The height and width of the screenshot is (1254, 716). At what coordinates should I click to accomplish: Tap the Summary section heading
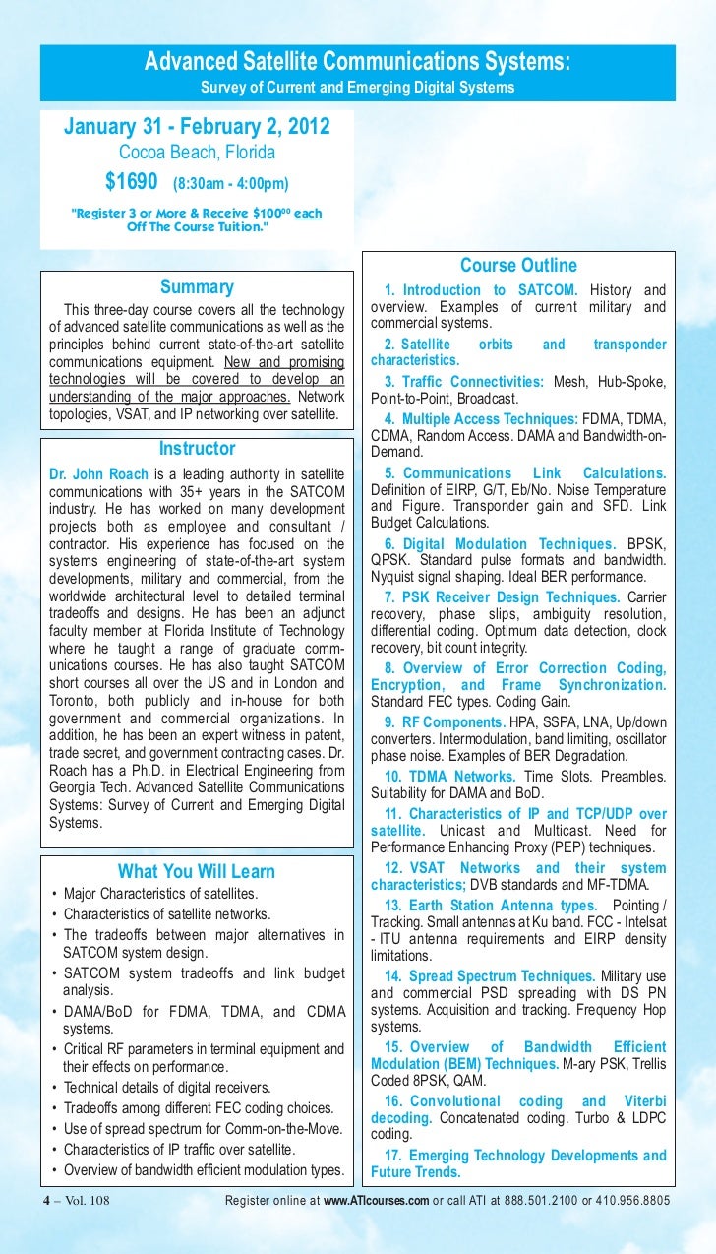pyautogui.click(x=197, y=287)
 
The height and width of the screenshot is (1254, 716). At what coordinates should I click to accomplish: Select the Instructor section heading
pyautogui.click(x=197, y=449)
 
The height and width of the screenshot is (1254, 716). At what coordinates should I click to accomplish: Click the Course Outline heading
pyautogui.click(x=518, y=266)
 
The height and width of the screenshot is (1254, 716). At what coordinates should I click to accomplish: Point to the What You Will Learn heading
pyautogui.click(x=197, y=871)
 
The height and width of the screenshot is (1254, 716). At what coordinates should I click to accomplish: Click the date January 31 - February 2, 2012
pyautogui.click(x=197, y=128)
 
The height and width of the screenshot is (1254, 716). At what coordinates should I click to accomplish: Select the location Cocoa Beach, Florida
pyautogui.click(x=197, y=153)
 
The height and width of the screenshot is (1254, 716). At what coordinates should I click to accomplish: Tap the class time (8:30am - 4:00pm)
pyautogui.click(x=231, y=183)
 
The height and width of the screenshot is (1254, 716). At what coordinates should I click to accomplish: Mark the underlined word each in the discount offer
pyautogui.click(x=308, y=212)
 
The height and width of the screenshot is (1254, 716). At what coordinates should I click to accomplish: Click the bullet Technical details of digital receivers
pyautogui.click(x=166, y=1088)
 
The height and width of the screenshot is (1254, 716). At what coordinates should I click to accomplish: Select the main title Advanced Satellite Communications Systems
pyautogui.click(x=357, y=63)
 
